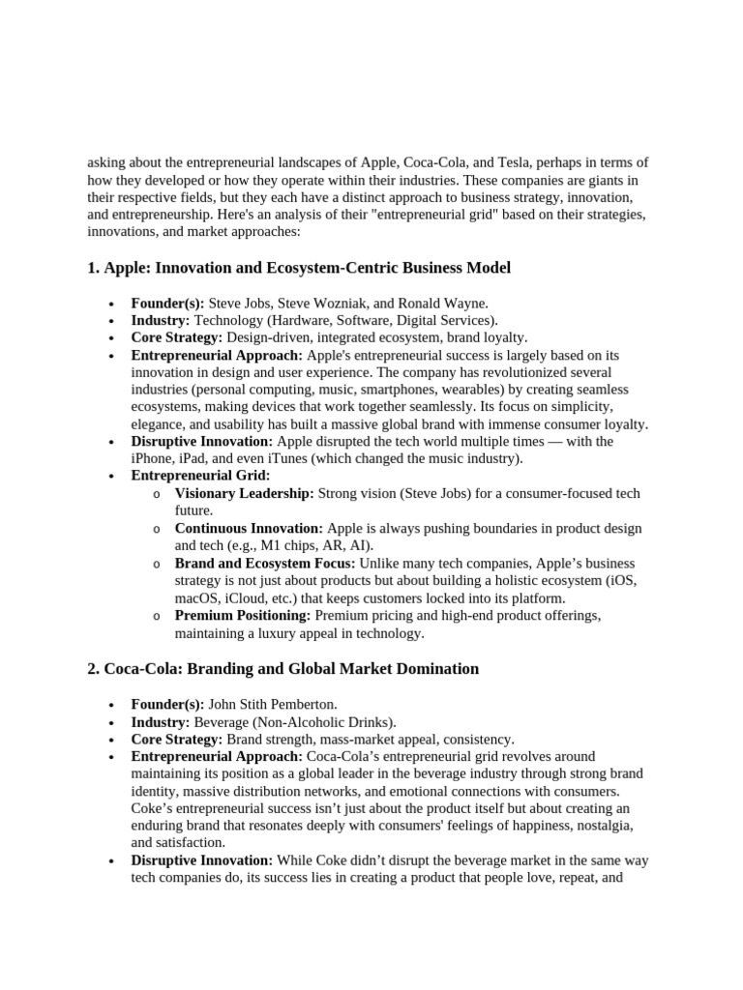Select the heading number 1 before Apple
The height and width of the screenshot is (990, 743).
coord(92,268)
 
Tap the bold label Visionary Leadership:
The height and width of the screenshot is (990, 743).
coord(244,493)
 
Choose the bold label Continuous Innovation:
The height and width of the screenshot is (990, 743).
coord(249,528)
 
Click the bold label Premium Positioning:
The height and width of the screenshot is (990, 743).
coord(242,615)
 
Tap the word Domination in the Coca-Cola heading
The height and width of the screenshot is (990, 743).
coord(431,669)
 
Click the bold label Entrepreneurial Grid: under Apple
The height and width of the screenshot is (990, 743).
coord(200,476)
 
